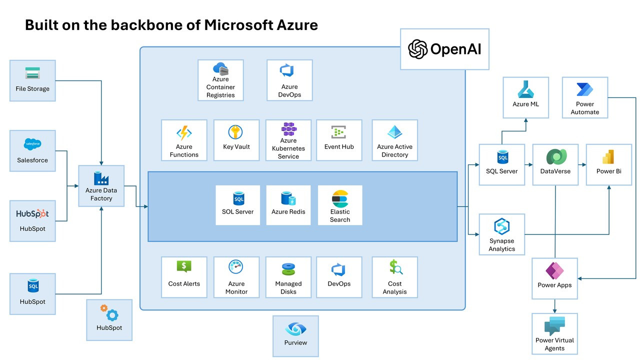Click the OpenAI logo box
click(x=444, y=49)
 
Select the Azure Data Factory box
click(x=101, y=186)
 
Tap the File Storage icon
click(x=32, y=73)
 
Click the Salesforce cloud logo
click(x=32, y=144)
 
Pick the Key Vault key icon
click(x=235, y=132)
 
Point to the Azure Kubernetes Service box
click(x=288, y=140)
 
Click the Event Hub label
click(x=339, y=147)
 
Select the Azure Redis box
click(x=288, y=205)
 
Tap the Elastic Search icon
click(x=340, y=198)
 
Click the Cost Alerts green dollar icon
click(x=184, y=267)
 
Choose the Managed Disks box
click(x=288, y=277)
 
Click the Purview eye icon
click(x=295, y=329)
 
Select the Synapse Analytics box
click(x=501, y=234)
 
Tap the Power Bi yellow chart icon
click(x=608, y=157)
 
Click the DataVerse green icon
click(x=555, y=157)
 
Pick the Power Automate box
click(x=584, y=97)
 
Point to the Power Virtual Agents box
click(x=554, y=333)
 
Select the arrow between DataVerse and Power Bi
click(x=582, y=164)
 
